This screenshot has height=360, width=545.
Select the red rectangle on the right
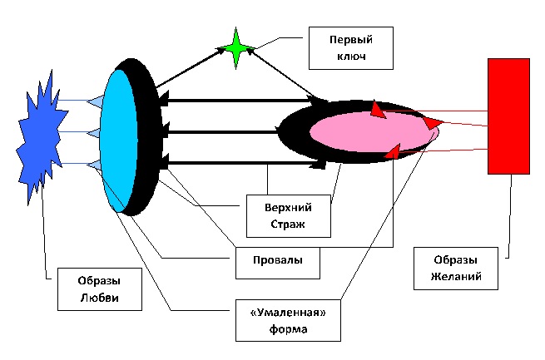[508, 116]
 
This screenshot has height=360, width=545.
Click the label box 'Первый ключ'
[339, 48]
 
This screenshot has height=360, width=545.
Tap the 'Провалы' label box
[276, 260]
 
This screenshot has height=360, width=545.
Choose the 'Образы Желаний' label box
[456, 267]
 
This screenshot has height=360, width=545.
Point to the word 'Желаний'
[456, 276]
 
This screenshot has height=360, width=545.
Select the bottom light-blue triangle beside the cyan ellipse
[95, 165]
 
